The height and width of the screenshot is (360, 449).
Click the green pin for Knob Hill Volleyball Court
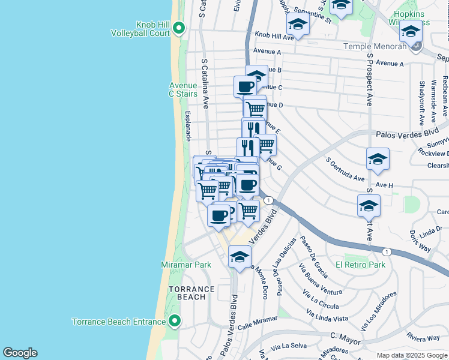178,28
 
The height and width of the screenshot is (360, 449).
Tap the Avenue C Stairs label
182,89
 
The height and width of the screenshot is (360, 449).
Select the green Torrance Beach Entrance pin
175,322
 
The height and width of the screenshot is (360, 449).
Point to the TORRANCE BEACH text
191,293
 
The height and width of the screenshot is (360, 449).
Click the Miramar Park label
186,265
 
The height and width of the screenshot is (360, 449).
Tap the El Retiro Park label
360,265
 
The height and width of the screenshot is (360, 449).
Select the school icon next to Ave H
378,160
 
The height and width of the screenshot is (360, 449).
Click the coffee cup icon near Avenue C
245,86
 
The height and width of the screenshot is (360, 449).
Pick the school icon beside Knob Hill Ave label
297,25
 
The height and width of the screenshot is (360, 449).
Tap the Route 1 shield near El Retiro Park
388,252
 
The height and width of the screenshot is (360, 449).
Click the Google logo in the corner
20,353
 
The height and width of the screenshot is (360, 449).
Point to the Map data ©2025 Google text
412,355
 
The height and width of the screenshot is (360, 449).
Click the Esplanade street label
187,125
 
